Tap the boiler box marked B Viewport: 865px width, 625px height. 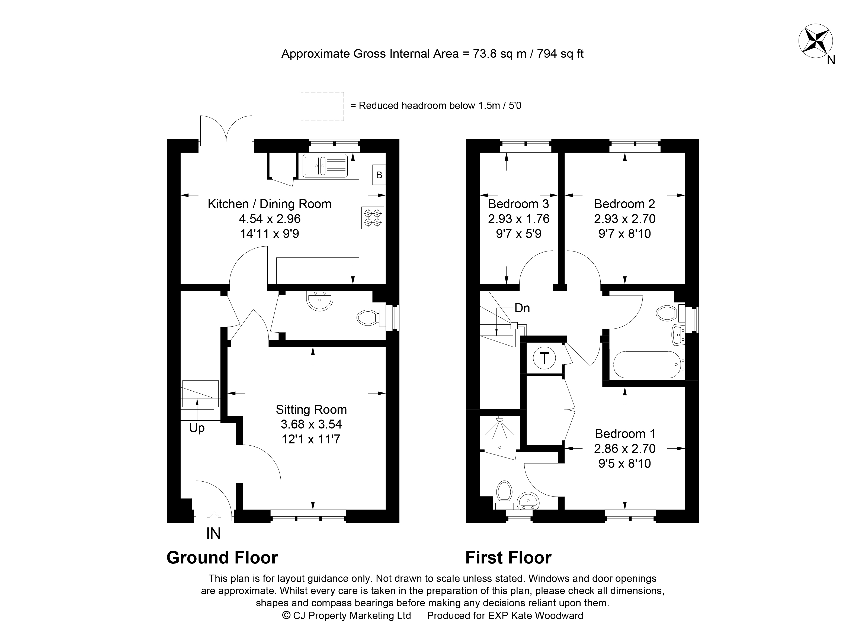379,175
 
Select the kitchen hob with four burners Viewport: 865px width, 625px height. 372,218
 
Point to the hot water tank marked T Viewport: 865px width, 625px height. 544,358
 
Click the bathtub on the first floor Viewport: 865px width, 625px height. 647,365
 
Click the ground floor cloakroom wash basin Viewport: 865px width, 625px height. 320,301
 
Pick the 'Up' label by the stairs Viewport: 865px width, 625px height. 197,428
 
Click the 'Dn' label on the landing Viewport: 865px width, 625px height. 522,308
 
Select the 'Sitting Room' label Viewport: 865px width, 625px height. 311,410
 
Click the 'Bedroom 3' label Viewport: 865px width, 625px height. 518,204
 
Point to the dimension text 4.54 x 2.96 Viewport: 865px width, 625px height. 270,219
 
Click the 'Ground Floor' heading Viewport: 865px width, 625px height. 222,558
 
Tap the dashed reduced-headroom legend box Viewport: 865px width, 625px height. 322,106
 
